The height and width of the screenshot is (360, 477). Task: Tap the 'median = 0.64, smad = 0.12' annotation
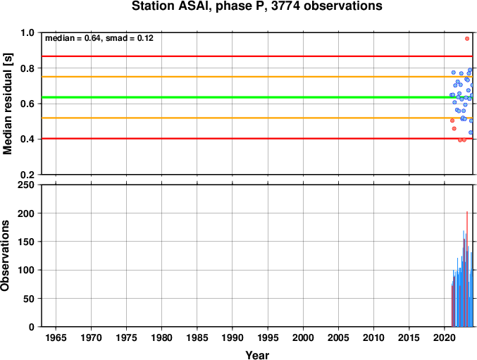(99, 38)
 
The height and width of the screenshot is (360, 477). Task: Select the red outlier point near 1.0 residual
(467, 39)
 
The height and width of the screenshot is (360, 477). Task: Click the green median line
(256, 97)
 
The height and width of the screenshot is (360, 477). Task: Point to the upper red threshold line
(256, 56)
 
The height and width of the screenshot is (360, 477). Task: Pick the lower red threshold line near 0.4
(256, 138)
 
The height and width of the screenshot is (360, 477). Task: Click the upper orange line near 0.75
(256, 77)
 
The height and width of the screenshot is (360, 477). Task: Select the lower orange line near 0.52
(256, 118)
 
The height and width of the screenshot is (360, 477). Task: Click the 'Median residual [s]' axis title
(7, 104)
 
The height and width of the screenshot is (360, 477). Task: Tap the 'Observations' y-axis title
(5, 256)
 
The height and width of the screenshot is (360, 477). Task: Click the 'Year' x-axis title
(257, 355)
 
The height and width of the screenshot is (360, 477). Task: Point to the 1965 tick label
(56, 337)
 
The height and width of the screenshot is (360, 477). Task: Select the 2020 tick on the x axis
(445, 337)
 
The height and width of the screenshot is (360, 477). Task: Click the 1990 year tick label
(233, 337)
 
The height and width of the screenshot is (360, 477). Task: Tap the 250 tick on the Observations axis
(26, 185)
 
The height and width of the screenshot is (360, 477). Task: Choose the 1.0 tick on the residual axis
(27, 32)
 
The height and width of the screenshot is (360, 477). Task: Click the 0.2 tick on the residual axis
(27, 175)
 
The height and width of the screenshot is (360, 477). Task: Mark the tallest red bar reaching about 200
(467, 269)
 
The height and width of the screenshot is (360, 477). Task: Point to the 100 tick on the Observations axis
(26, 270)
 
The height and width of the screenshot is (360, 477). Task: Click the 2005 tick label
(338, 337)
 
